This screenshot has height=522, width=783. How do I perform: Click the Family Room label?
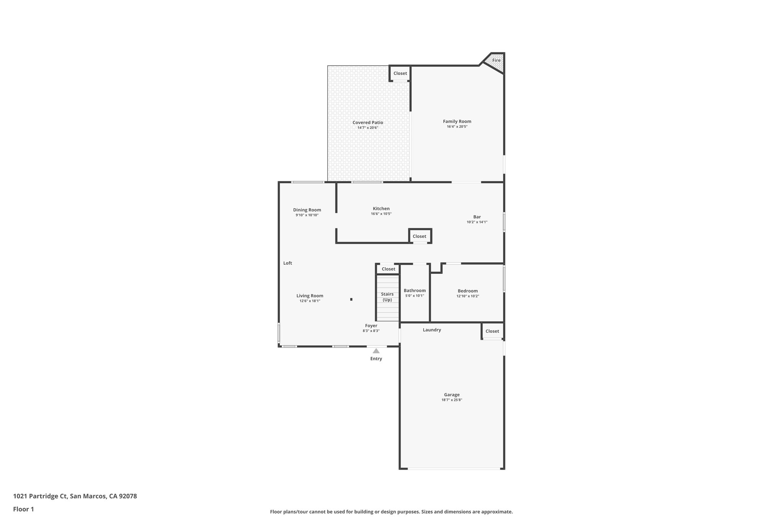pos(457,122)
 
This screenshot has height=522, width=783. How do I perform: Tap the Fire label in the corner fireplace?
pos(496,60)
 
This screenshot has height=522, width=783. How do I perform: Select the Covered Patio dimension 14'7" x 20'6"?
pos(367,128)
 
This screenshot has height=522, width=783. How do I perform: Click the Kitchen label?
pos(381,209)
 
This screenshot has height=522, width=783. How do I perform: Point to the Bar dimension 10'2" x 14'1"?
pos(477,222)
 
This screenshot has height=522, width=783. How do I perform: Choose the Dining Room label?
pos(307,210)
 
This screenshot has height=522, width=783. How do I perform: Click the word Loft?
pos(288,263)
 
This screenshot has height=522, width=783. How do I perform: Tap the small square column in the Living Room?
pos(351,299)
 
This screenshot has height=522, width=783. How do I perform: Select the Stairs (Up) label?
pos(387,297)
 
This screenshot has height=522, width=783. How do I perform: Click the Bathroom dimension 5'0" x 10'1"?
pos(414,296)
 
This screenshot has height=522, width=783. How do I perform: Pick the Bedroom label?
pos(468,291)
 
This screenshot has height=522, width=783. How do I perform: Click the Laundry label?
pos(432,330)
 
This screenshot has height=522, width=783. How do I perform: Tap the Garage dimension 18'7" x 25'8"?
pos(452,400)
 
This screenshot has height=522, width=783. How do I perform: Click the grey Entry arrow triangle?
pos(376,351)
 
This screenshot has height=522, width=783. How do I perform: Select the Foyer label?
pos(371,326)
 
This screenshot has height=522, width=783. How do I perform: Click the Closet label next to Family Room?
pos(400,73)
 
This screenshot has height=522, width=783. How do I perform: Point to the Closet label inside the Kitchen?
pos(419,236)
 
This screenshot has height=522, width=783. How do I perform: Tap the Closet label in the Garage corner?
pos(492,331)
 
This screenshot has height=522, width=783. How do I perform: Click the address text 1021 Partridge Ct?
pos(41,496)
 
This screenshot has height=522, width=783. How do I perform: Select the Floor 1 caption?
pos(23,509)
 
